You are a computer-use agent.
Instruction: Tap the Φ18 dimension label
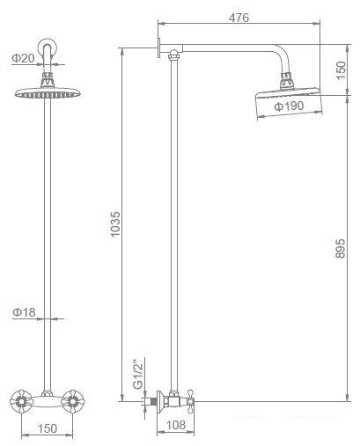click(x=22, y=311)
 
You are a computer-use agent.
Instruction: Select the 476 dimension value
click(x=235, y=17)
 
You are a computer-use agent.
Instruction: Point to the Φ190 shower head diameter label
click(x=289, y=106)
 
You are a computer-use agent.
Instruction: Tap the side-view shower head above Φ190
click(x=285, y=99)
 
